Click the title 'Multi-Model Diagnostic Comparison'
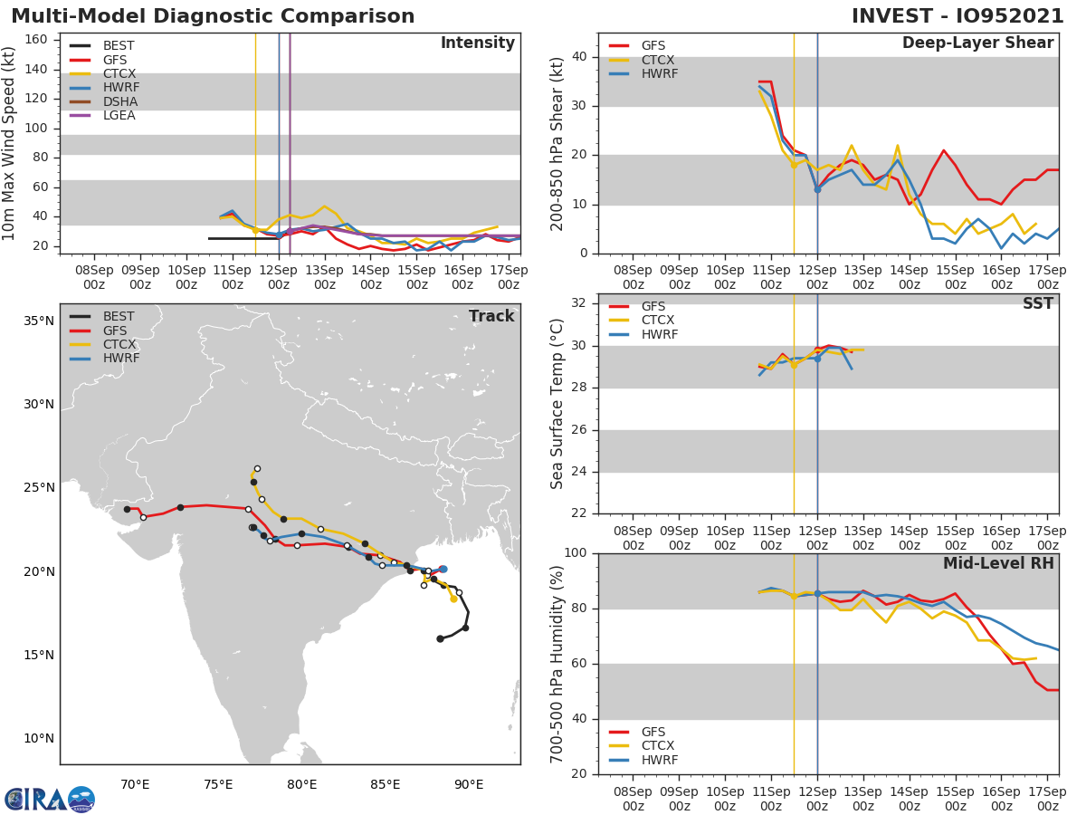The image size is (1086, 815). click(x=213, y=16)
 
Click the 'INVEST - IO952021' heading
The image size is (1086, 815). click(x=959, y=16)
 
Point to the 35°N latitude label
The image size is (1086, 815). click(x=38, y=321)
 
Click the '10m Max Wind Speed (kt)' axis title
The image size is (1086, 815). click(x=10, y=143)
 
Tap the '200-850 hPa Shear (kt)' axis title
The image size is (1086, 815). click(x=557, y=143)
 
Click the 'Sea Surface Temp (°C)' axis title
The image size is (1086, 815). click(x=557, y=404)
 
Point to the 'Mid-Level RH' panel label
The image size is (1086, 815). click(x=997, y=563)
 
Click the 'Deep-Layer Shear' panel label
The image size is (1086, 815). click(x=977, y=43)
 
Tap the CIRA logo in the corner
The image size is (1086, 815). click(x=50, y=799)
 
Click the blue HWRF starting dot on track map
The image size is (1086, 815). click(x=443, y=569)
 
